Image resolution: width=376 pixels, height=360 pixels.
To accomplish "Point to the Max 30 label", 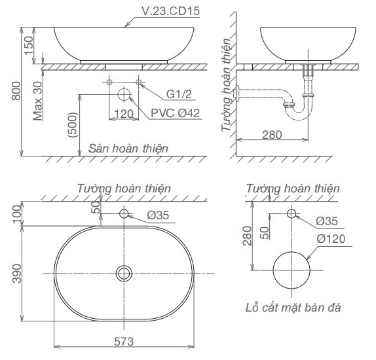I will point(38,98).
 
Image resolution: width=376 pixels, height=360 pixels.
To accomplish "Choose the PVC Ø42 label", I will point(175,113).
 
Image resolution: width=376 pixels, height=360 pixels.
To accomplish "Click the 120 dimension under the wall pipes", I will point(123,113).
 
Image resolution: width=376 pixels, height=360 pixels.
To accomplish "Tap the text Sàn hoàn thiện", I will point(128,149).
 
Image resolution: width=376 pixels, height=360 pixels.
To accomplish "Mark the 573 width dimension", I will point(124,340).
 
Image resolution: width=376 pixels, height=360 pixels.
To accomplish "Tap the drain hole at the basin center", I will point(124,272).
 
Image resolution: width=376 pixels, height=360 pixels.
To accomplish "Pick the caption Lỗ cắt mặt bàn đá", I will point(291,307).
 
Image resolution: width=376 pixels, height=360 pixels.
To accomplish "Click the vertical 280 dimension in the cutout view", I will point(246,235).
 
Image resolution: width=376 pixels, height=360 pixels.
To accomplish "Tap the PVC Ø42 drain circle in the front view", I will point(124,94).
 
